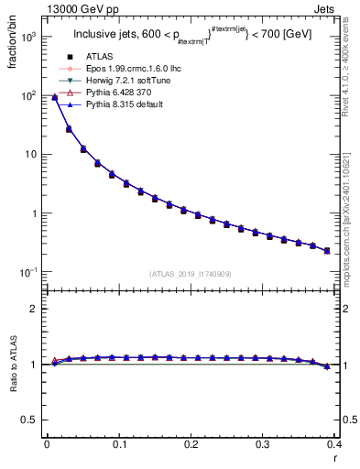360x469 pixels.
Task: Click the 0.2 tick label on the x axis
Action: (191, 443)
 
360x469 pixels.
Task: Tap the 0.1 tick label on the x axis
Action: (118, 443)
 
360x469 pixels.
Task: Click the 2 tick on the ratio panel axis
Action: (34, 309)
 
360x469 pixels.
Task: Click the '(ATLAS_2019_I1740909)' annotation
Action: (190, 274)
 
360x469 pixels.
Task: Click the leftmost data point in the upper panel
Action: (54, 97)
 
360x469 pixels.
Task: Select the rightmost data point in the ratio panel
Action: (327, 366)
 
